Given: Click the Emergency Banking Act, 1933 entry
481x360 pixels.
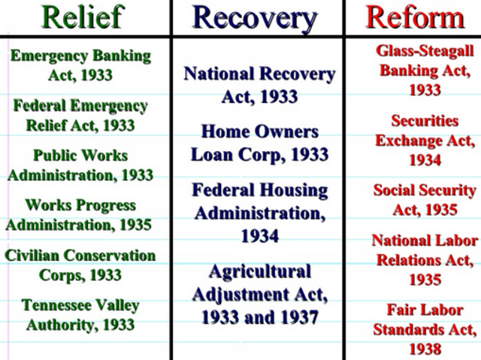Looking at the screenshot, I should (x=80, y=65).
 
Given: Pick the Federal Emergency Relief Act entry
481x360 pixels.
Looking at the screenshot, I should (x=80, y=115).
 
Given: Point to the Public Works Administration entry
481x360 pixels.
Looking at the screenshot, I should (x=81, y=165).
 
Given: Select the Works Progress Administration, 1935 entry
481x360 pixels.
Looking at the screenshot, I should (x=80, y=215).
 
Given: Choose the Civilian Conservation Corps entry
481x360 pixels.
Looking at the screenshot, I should (x=80, y=265).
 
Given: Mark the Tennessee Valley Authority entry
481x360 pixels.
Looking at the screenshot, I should (x=80, y=315).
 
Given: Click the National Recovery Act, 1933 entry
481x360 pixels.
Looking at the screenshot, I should (x=259, y=85).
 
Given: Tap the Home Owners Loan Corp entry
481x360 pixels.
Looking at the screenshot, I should (x=259, y=144).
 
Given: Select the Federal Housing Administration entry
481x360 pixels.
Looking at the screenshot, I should (x=259, y=213).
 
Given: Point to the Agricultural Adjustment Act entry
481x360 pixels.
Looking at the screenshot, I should (x=259, y=294).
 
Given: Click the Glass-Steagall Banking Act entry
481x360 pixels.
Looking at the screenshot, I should (x=424, y=71).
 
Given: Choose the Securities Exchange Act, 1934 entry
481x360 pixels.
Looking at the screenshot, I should (x=425, y=141).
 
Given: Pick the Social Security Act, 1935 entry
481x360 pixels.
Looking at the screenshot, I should (x=425, y=199).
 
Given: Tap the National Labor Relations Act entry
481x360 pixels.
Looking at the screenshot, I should (x=425, y=259).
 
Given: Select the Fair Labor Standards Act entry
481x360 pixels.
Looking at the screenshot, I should (x=425, y=329).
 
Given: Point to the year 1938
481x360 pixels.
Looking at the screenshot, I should (x=425, y=349).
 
